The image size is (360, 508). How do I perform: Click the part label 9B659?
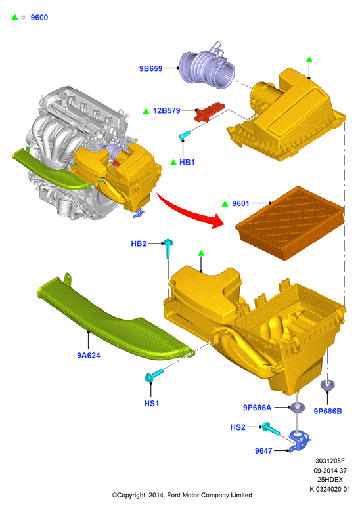point(151,68)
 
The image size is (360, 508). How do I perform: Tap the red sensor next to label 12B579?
point(209,112)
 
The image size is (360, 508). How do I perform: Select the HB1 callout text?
point(187,162)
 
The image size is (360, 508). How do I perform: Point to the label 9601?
point(240,203)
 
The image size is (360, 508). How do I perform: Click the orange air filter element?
point(290,222)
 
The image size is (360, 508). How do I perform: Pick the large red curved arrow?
point(191,211)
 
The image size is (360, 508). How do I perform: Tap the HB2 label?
point(139,243)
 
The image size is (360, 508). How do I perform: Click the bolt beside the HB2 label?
point(168,248)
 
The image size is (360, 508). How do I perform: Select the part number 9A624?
point(89,356)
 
